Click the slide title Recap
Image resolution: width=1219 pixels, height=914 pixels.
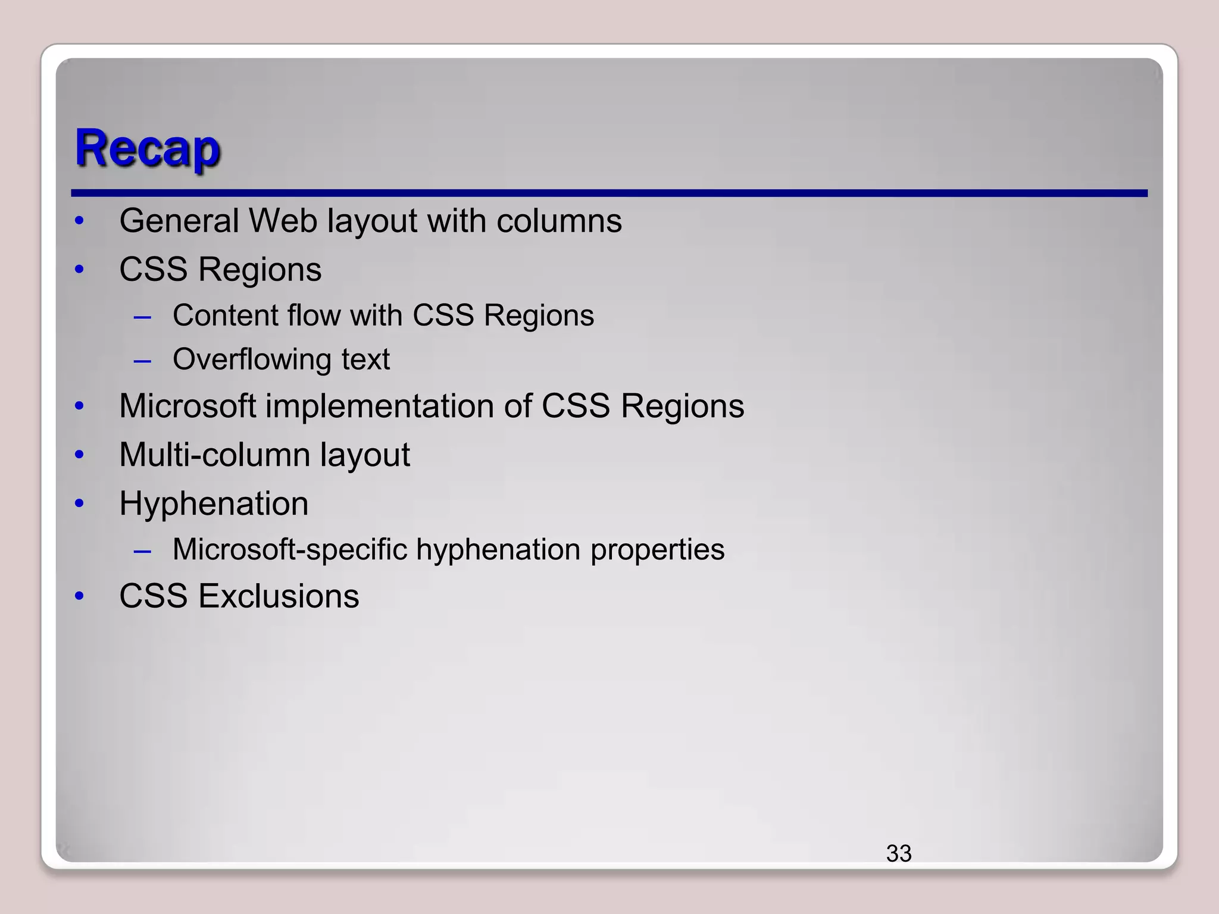tap(147, 148)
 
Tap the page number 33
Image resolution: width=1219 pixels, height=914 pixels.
tap(898, 853)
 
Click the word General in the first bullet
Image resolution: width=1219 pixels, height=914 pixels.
tap(179, 221)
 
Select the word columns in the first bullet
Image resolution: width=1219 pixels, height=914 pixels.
tap(559, 221)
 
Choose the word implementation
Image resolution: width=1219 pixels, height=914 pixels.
tap(379, 406)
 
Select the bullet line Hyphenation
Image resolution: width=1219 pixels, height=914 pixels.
tap(214, 504)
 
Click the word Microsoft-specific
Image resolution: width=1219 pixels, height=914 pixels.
tap(290, 549)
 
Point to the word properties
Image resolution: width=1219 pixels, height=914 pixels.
tap(657, 550)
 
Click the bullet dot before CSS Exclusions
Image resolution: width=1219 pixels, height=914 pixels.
tap(80, 596)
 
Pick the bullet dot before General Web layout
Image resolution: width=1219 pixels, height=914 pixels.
tap(80, 221)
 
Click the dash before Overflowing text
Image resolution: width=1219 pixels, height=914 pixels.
tap(143, 361)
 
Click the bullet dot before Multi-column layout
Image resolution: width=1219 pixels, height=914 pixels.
tap(80, 455)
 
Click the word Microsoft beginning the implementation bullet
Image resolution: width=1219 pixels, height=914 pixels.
tap(187, 406)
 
